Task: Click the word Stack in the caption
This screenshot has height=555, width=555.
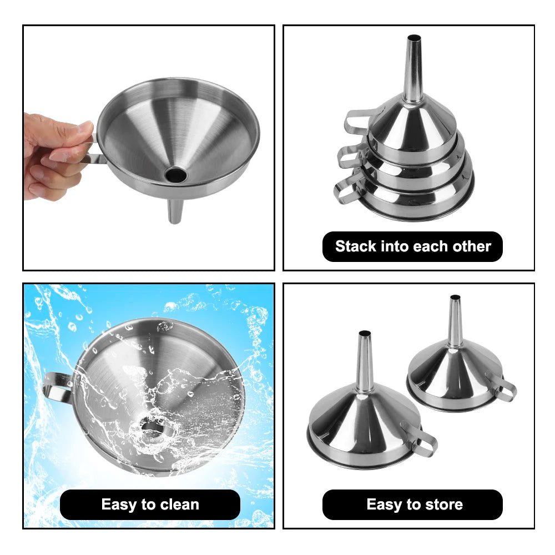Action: (x=356, y=246)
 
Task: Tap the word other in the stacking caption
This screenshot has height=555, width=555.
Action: (x=472, y=246)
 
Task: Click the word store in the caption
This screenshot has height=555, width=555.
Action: (x=444, y=504)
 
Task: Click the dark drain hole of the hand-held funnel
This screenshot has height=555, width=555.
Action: (x=175, y=174)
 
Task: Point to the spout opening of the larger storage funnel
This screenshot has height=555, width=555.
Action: (x=365, y=334)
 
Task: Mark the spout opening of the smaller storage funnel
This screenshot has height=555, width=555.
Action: (x=455, y=297)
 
